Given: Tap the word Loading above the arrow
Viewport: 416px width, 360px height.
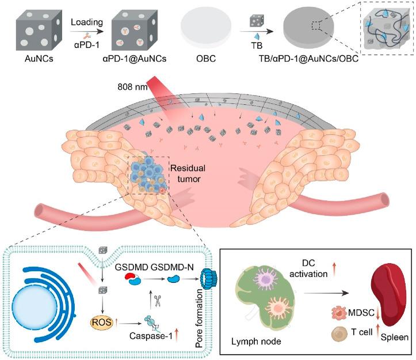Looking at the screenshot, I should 86,22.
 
